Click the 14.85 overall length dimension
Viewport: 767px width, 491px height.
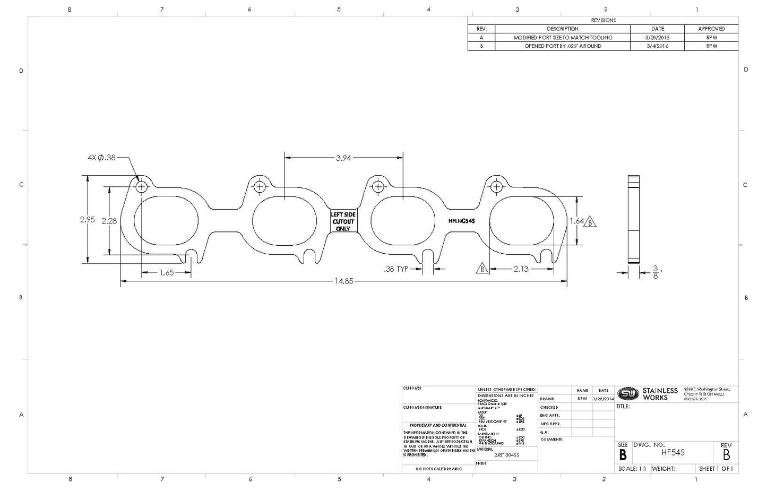click(343, 281)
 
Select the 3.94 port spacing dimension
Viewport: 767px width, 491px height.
click(343, 158)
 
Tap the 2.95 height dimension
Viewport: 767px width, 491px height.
click(87, 219)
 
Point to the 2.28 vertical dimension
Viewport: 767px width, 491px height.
click(109, 221)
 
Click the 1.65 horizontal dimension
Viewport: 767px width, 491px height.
click(166, 272)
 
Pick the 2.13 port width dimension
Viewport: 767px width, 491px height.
click(521, 269)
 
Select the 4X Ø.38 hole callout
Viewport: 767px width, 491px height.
click(101, 158)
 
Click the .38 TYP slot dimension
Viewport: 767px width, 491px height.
click(396, 269)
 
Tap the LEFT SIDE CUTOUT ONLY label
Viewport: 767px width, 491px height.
click(343, 221)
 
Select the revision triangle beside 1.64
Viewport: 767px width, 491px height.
click(590, 222)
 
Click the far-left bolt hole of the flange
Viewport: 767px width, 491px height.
click(142, 187)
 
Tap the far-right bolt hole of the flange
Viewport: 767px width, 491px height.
click(496, 187)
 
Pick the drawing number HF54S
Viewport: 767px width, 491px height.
click(673, 453)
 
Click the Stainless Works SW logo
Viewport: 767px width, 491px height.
click(628, 393)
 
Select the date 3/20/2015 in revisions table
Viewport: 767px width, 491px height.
click(657, 38)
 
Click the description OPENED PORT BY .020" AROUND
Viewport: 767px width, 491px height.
click(563, 46)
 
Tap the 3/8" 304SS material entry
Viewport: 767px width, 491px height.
click(506, 455)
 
